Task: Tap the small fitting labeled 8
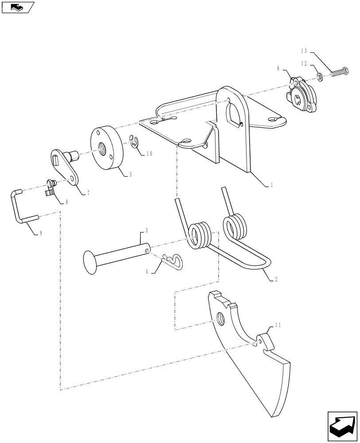pyautogui.click(x=51, y=187)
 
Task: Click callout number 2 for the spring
pyautogui.click(x=276, y=279)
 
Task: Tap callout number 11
pyautogui.click(x=278, y=326)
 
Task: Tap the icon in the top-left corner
pyautogui.click(x=18, y=7)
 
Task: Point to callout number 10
pyautogui.click(x=149, y=154)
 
